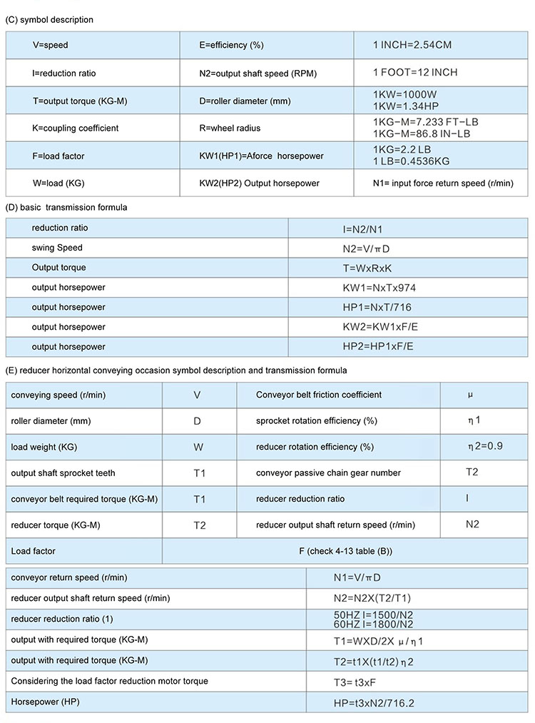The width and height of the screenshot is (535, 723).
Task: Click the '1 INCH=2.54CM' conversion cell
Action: click(x=412, y=45)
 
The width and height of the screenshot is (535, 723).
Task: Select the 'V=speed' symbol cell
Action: click(x=50, y=45)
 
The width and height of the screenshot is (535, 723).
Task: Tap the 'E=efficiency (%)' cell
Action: click(x=232, y=45)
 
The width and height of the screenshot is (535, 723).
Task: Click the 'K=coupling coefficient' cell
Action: click(x=75, y=128)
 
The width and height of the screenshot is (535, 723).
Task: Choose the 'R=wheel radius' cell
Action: click(x=230, y=128)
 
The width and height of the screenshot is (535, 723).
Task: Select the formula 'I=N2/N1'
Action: click(x=366, y=228)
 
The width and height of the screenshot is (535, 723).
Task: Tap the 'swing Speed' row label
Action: click(x=57, y=248)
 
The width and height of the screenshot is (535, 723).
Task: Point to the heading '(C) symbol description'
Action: click(x=49, y=20)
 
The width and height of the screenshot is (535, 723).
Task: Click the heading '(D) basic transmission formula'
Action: click(x=66, y=208)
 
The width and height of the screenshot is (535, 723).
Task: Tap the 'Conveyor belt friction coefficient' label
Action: click(x=319, y=395)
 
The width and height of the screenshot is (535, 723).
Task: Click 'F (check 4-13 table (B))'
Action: click(x=345, y=551)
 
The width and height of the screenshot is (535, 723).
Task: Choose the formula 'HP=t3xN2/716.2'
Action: click(x=374, y=703)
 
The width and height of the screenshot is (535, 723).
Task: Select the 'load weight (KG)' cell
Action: click(x=44, y=447)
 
